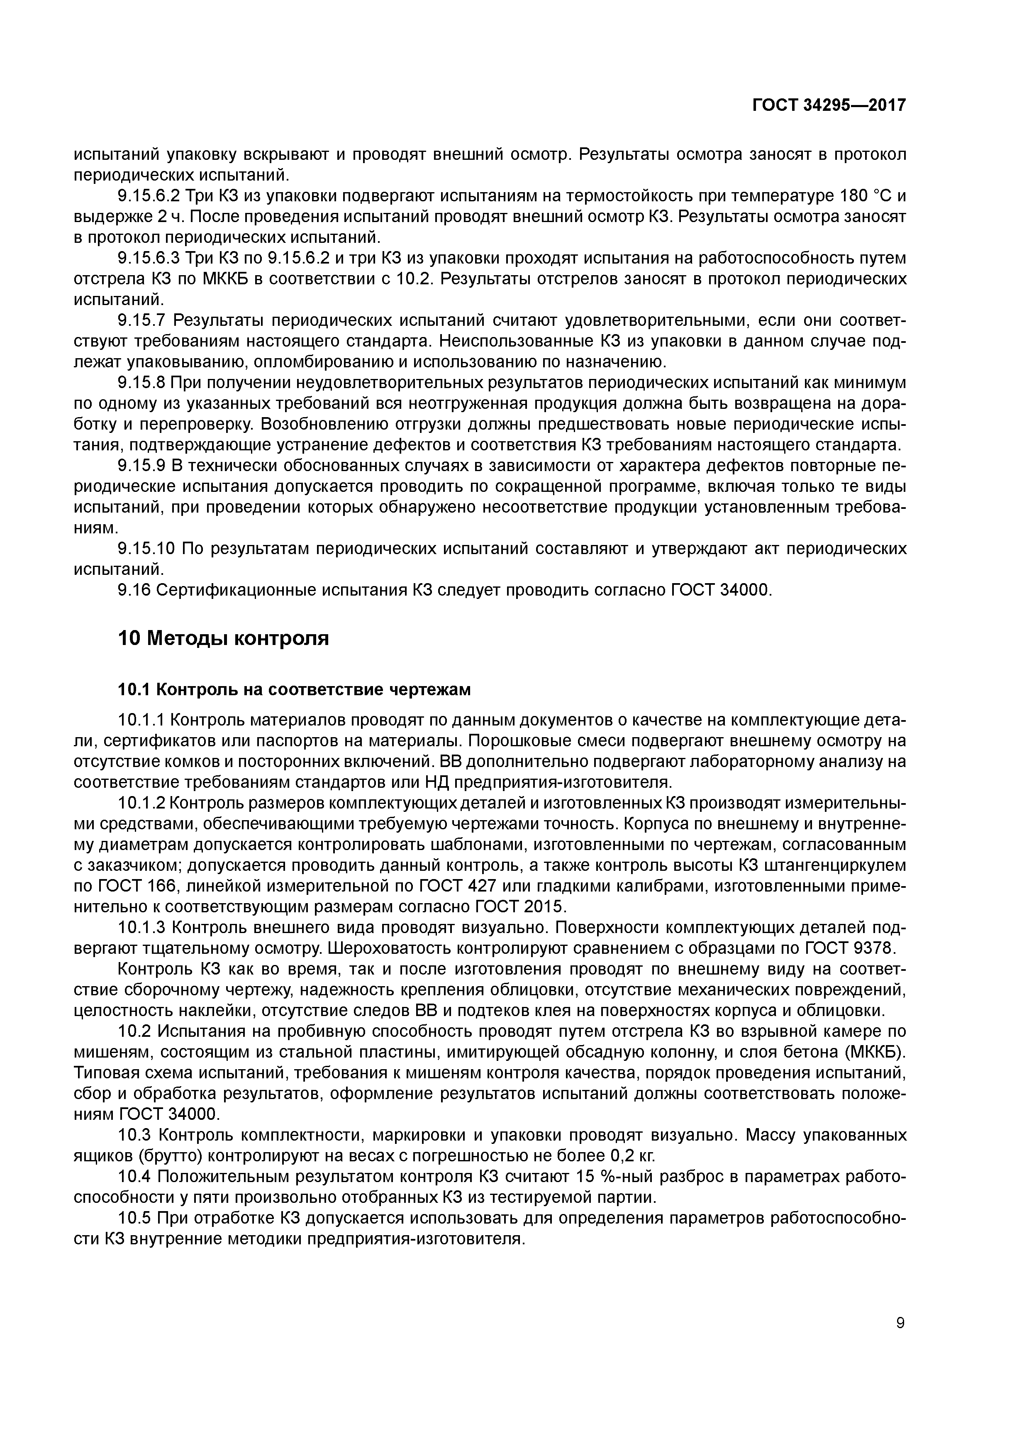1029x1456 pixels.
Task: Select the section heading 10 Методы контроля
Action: click(224, 638)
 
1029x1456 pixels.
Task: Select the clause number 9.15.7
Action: click(141, 320)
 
